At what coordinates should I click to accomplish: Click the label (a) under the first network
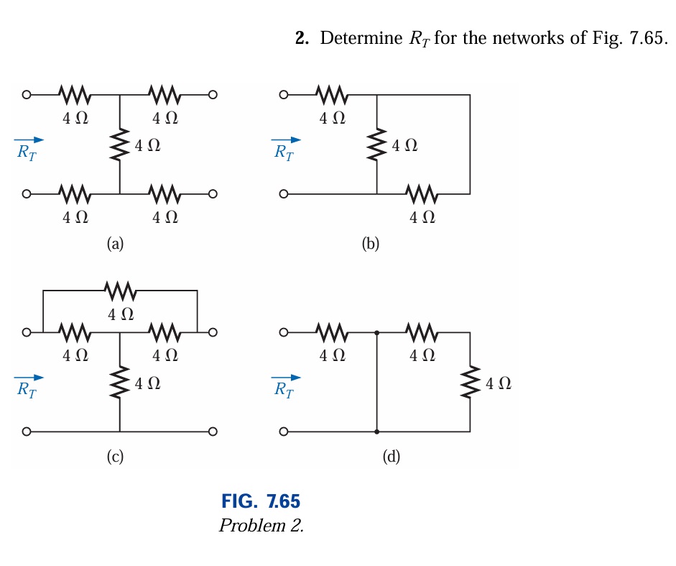click(x=115, y=245)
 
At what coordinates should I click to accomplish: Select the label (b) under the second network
click(x=371, y=245)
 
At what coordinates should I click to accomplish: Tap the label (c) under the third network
click(x=115, y=455)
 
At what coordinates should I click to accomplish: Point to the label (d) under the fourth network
click(x=392, y=455)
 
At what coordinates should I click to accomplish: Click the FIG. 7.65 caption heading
click(x=260, y=501)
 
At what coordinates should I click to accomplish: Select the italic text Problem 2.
click(x=261, y=525)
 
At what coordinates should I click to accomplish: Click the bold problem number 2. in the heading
click(x=302, y=38)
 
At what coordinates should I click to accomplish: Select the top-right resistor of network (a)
click(x=165, y=94)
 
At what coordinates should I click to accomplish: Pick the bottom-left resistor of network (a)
click(x=75, y=193)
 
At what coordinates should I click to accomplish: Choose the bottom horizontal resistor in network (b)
click(x=422, y=193)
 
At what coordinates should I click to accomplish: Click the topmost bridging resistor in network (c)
click(x=120, y=291)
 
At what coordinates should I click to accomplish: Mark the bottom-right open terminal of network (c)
click(x=212, y=432)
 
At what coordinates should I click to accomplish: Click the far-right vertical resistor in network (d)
click(x=471, y=382)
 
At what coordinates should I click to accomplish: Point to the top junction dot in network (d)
click(x=377, y=333)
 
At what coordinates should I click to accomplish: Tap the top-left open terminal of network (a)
click(x=27, y=94)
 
